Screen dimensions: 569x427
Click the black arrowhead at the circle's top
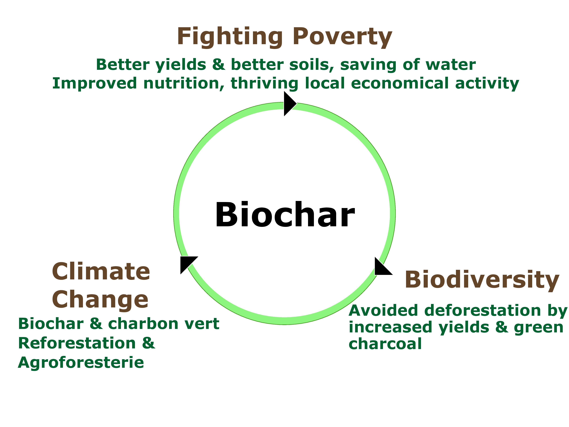point(290,104)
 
